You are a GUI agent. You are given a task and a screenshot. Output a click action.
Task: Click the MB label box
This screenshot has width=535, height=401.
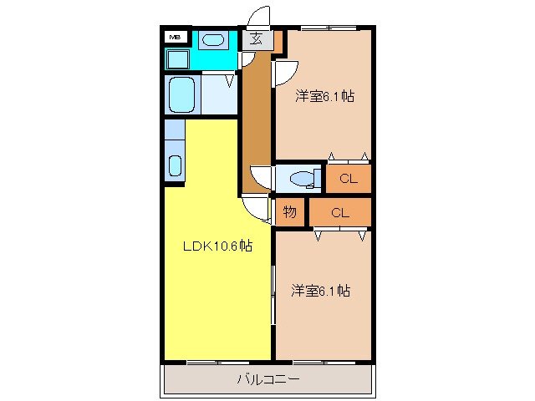point(176,37)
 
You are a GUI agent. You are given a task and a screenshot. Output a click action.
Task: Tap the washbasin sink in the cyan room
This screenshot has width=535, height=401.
point(214,38)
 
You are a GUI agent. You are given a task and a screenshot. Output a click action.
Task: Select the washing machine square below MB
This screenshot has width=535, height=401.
point(177,59)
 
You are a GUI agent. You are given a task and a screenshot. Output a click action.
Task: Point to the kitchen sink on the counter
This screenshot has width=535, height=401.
point(175,165)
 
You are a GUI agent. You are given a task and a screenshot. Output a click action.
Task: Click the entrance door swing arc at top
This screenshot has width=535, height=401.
point(260,17)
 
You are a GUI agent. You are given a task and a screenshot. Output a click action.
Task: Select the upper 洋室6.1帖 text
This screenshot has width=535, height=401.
point(324,96)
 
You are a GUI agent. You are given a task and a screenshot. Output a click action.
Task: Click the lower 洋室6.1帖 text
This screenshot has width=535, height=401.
point(320,291)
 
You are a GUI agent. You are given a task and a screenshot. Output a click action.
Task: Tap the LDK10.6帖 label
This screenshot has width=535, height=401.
point(217,246)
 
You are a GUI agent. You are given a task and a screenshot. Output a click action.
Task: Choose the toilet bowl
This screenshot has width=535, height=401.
point(302,177)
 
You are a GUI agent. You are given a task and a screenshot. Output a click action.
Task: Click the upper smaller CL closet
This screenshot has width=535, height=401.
point(349,178)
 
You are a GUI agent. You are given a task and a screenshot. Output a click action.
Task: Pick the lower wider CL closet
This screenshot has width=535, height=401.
point(339,212)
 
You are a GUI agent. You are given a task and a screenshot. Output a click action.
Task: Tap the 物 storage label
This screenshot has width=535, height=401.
point(289,212)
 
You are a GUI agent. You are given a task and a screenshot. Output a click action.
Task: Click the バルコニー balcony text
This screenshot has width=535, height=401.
point(267,379)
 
